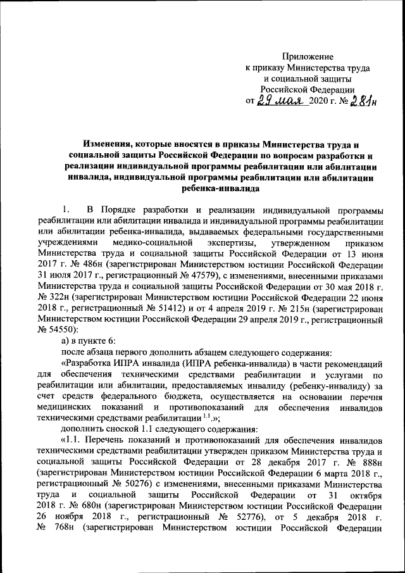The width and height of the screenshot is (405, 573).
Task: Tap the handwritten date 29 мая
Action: [x=280, y=99]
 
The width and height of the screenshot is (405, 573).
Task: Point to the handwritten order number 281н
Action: [x=360, y=99]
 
